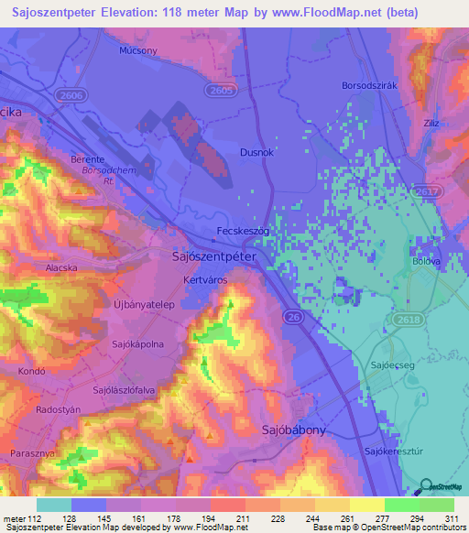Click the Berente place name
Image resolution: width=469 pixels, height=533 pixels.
(x=89, y=158)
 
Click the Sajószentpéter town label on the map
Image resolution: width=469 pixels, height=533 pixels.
(x=219, y=258)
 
